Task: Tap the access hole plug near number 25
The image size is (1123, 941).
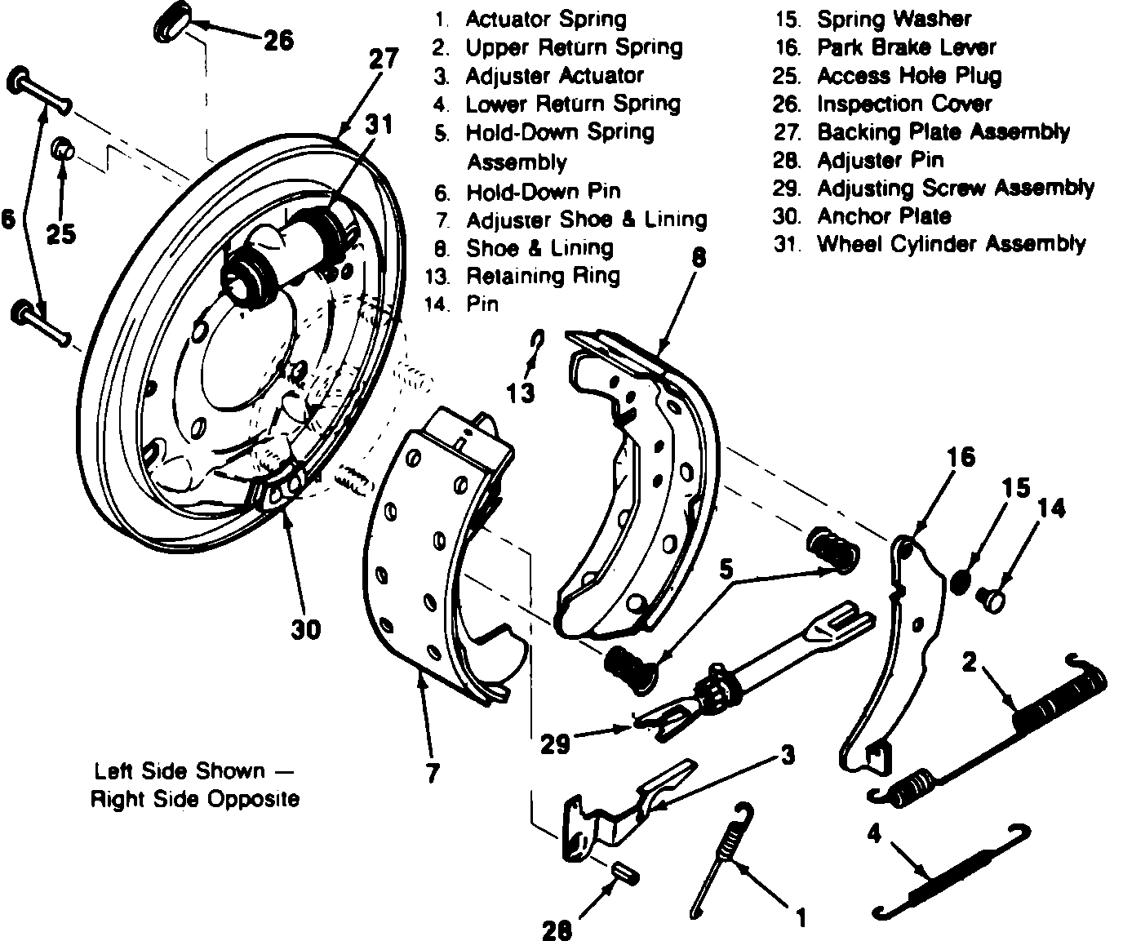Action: pyautogui.click(x=64, y=150)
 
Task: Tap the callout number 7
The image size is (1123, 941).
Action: pyautogui.click(x=433, y=772)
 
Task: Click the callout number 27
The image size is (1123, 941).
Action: pyautogui.click(x=384, y=60)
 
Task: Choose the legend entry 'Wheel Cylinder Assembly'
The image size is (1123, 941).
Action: pyautogui.click(x=951, y=244)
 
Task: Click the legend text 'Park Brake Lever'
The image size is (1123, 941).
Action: pyautogui.click(x=906, y=47)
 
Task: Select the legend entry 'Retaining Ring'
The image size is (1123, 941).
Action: pyautogui.click(x=543, y=276)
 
